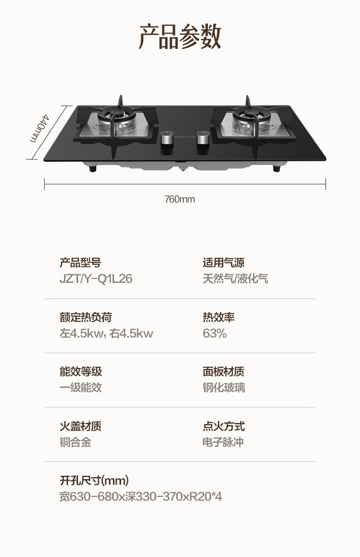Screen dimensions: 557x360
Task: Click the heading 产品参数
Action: pyautogui.click(x=180, y=37)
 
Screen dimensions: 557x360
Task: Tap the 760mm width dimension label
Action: pyautogui.click(x=180, y=199)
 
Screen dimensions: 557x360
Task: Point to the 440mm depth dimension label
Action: pyautogui.click(x=39, y=127)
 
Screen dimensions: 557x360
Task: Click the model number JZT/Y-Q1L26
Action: pyautogui.click(x=96, y=278)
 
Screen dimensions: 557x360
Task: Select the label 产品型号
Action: pyautogui.click(x=80, y=263)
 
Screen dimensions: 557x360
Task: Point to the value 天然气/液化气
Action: pyautogui.click(x=235, y=278)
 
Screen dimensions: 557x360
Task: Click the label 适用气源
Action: pyautogui.click(x=223, y=263)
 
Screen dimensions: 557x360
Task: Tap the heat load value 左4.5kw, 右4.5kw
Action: pyautogui.click(x=106, y=333)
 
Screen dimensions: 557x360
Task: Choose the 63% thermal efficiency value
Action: pyautogui.click(x=215, y=333)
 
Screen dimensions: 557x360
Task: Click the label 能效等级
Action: pyautogui.click(x=81, y=372)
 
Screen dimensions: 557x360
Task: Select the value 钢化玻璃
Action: pyautogui.click(x=224, y=387)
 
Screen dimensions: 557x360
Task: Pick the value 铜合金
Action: pyautogui.click(x=75, y=442)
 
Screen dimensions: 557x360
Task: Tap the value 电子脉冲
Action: pyautogui.click(x=223, y=442)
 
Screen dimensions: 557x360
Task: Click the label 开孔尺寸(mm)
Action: pyautogui.click(x=94, y=480)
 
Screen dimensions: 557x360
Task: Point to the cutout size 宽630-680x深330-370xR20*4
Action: pyautogui.click(x=141, y=496)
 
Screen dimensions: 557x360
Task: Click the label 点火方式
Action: pyautogui.click(x=224, y=426)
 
